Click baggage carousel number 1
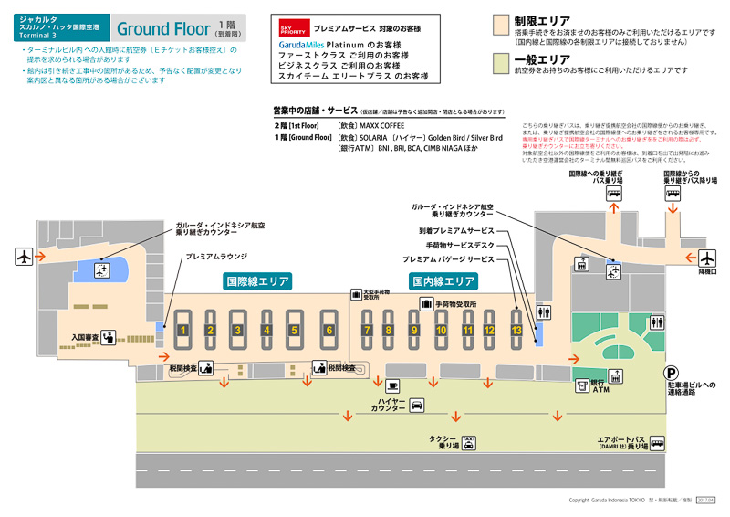(x=183, y=331)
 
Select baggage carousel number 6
(x=328, y=331)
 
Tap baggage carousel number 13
(x=516, y=331)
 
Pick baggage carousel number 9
(x=413, y=331)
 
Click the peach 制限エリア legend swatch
(x=500, y=23)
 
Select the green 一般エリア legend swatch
(x=500, y=62)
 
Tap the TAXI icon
(x=469, y=441)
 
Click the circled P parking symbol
(x=671, y=372)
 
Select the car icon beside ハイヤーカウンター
(x=417, y=405)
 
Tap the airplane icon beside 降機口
(x=708, y=258)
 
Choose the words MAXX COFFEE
(x=388, y=125)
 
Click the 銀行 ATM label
(x=599, y=386)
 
